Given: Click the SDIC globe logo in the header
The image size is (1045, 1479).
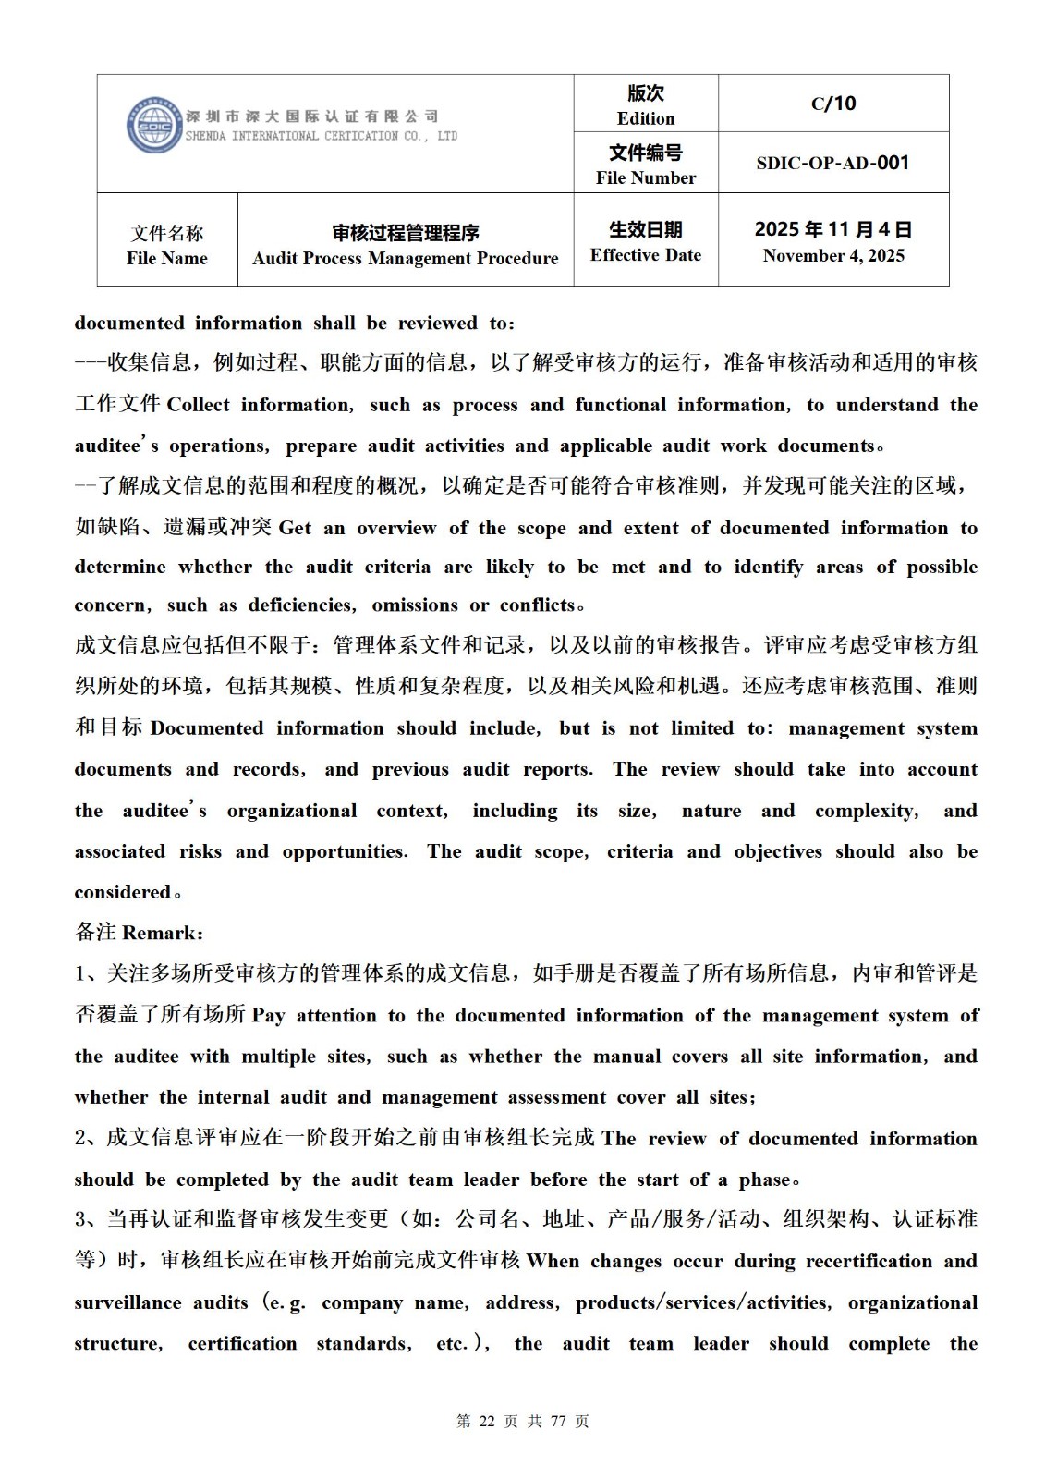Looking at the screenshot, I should point(154,126).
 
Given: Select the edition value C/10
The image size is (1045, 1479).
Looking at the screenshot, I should point(833,104).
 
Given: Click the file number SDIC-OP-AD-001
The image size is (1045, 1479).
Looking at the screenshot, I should point(832,163).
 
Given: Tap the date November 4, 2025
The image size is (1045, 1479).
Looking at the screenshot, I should point(833,256).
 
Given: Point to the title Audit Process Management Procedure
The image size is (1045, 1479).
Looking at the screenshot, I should point(405,258).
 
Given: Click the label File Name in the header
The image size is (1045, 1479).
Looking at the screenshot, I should point(167,258).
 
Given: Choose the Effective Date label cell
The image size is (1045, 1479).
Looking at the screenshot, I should point(646,240).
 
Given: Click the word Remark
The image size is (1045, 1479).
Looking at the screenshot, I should point(159,933).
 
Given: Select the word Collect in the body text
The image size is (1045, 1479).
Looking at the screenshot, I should point(197,405).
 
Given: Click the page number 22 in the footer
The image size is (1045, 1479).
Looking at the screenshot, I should point(487,1422).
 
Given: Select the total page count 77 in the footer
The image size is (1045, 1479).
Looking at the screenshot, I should point(557,1422).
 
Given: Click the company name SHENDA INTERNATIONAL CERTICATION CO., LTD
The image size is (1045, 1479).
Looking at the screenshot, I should point(322,136).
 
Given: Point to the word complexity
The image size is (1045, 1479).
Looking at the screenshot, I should point(866,812).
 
